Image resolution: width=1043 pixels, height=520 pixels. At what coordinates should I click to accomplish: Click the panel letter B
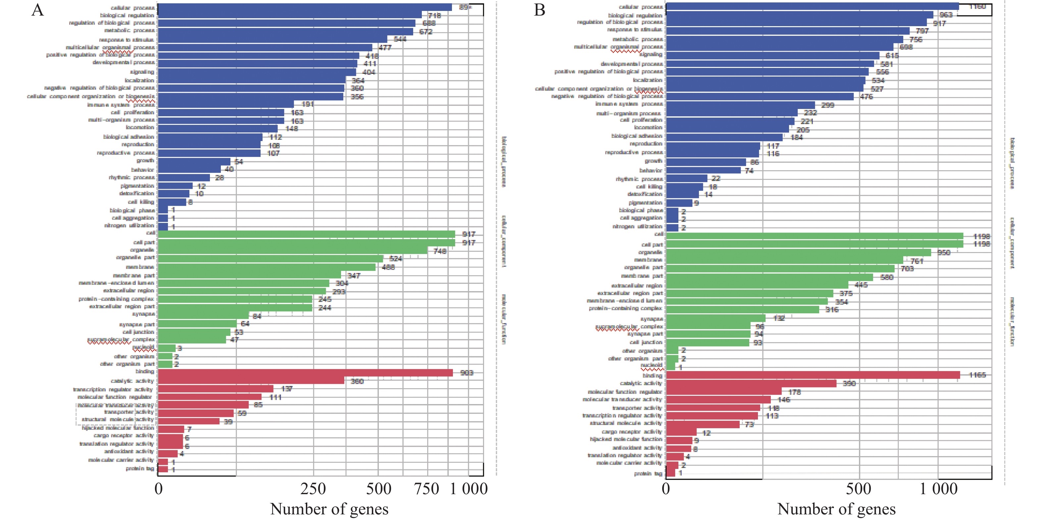click(539, 10)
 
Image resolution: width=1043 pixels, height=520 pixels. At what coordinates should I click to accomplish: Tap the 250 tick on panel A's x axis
click(313, 489)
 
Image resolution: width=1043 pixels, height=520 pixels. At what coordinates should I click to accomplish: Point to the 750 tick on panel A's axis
click(426, 489)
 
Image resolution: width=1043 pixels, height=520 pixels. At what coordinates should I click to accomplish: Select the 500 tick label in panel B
click(858, 489)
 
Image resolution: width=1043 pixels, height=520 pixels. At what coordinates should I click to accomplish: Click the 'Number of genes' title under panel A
click(329, 509)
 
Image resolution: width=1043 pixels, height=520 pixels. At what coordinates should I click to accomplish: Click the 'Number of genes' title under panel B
click(836, 509)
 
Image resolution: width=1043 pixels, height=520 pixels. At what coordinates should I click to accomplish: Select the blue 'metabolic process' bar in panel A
click(285, 31)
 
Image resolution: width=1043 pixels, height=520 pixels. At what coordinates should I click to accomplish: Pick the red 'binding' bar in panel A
click(305, 373)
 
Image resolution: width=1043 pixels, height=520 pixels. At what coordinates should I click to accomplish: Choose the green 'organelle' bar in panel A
click(292, 251)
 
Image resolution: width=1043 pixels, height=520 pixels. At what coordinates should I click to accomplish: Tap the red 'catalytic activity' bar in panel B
click(751, 383)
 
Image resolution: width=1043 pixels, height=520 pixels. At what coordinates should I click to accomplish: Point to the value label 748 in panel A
click(440, 251)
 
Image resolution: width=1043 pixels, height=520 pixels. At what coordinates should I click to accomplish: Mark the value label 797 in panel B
click(922, 31)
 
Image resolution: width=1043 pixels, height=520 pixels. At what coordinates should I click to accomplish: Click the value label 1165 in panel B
click(977, 375)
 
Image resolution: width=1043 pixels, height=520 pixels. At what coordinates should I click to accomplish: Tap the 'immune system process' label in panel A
click(121, 104)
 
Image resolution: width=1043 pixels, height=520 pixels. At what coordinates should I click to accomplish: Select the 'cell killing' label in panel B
click(649, 186)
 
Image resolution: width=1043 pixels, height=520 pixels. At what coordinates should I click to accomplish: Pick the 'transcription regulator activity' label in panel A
click(113, 389)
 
